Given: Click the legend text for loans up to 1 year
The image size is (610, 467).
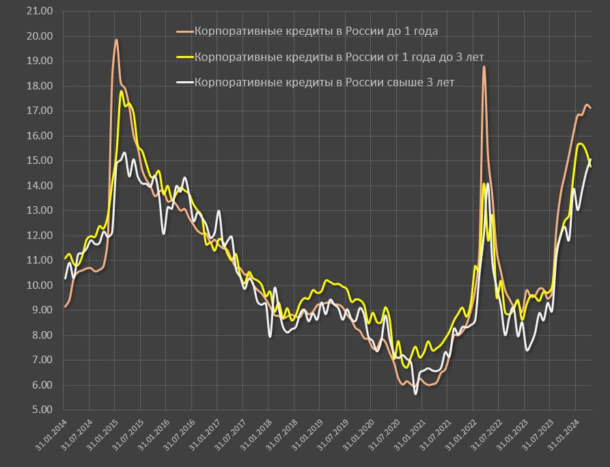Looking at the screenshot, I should click(316, 31).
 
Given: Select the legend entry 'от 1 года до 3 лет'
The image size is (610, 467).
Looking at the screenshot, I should click(339, 57).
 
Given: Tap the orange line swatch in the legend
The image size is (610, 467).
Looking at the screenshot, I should click(184, 31).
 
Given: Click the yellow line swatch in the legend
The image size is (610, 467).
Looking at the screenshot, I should click(184, 57).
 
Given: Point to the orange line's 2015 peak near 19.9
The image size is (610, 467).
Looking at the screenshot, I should click(116, 40).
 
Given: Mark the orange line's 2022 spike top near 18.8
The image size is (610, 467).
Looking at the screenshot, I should click(484, 67).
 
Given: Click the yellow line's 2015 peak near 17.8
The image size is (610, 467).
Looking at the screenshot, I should click(122, 91).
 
